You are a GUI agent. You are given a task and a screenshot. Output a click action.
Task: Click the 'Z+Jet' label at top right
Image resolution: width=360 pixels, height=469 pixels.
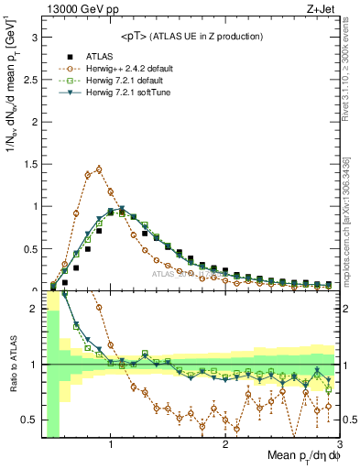pyautogui.click(x=321, y=8)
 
